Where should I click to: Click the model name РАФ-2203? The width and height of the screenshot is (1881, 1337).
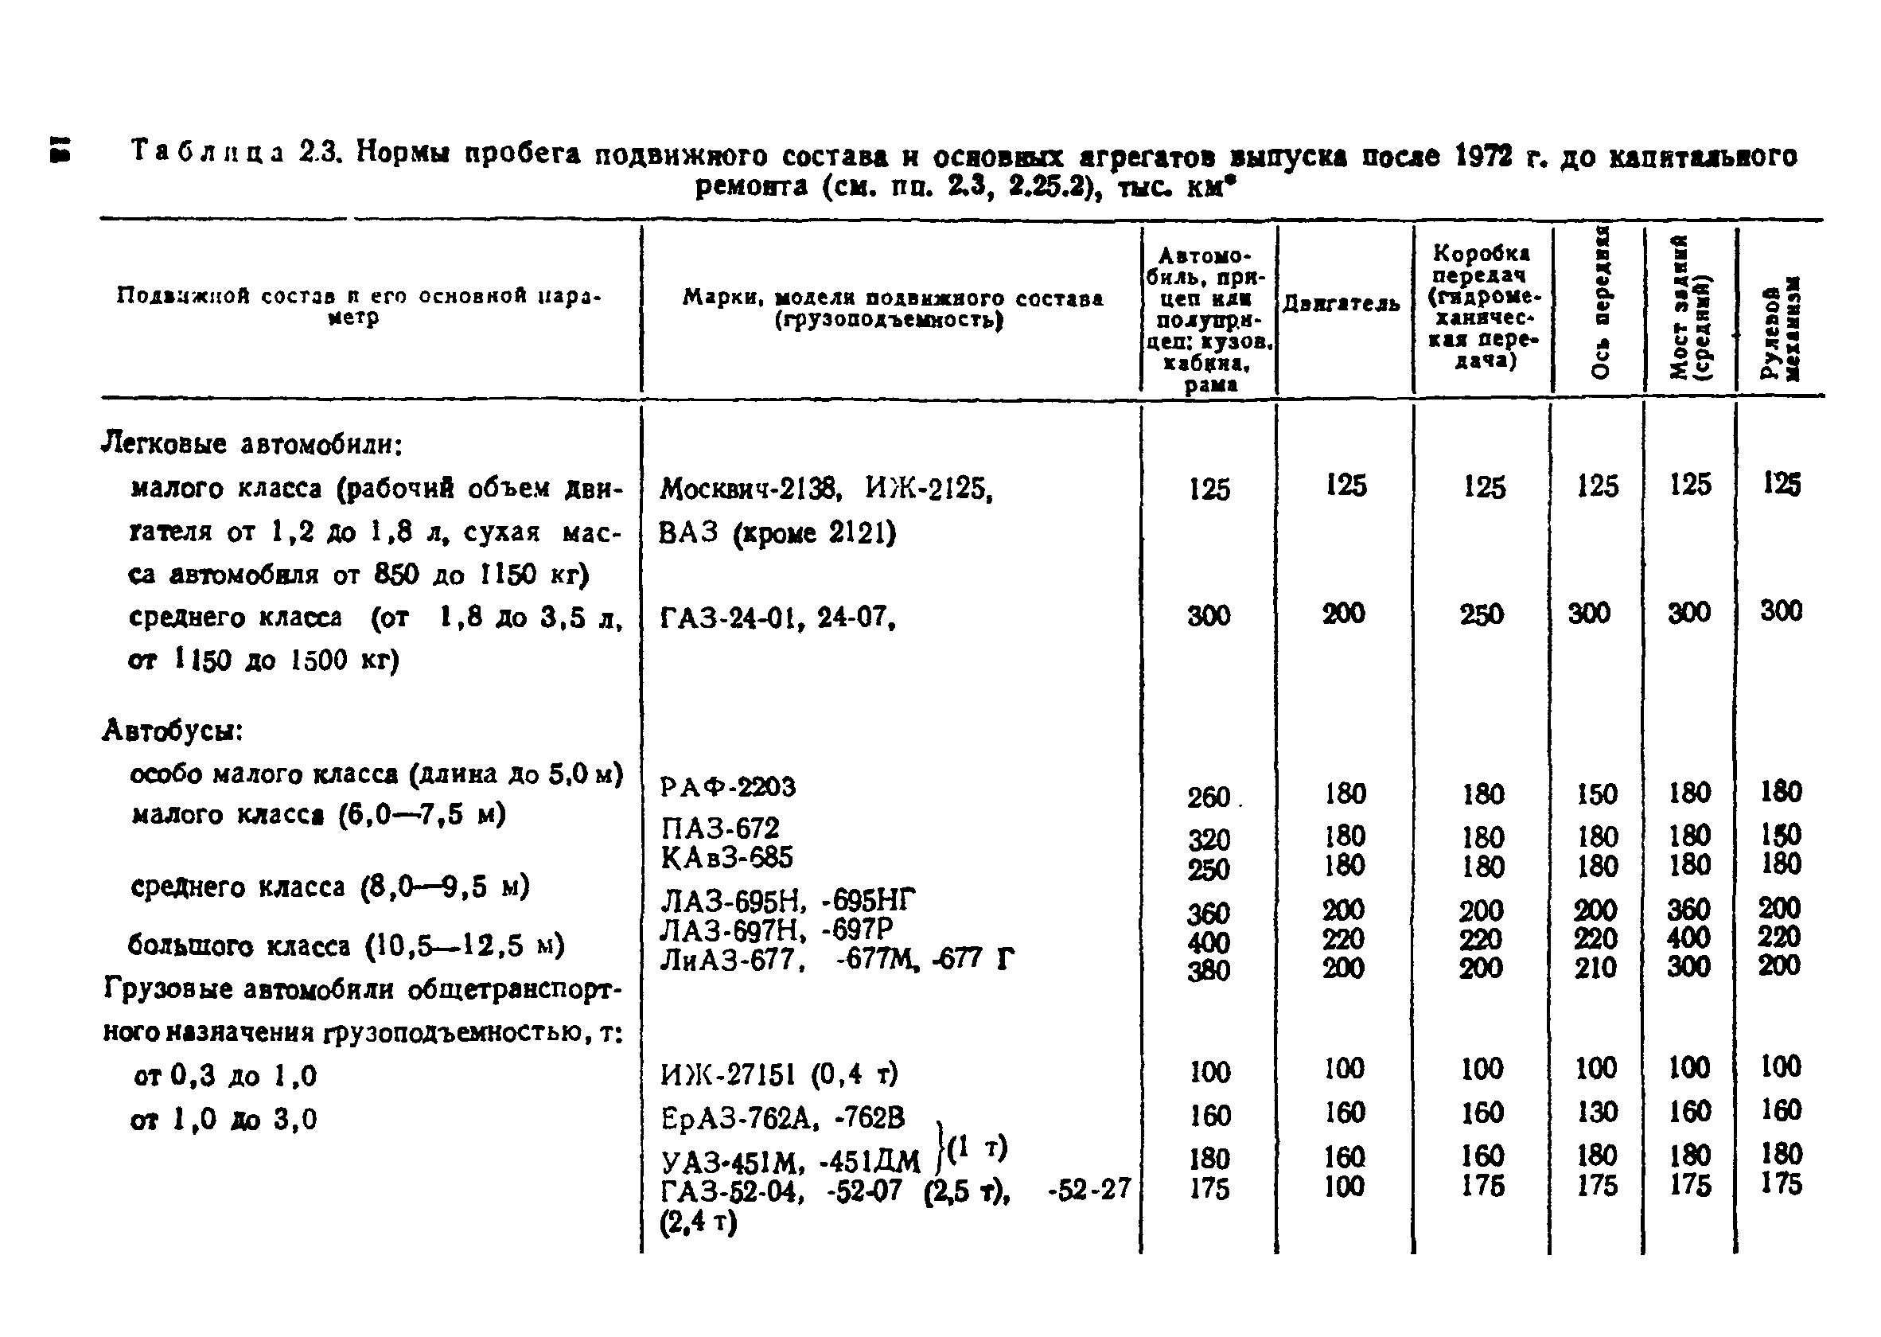pos(728,787)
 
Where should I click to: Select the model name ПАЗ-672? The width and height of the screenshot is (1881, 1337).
pos(719,828)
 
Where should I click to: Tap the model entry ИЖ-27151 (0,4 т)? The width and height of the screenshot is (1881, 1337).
pos(779,1074)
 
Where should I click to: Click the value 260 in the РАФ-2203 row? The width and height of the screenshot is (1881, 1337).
pos(1208,797)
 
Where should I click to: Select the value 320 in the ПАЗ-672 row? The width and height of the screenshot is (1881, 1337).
pos(1208,840)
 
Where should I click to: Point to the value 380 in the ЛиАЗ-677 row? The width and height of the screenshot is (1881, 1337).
pos(1208,972)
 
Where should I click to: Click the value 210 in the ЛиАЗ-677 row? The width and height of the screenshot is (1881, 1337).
pos(1595,968)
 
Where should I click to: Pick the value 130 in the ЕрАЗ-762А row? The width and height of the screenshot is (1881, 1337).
pos(1596,1113)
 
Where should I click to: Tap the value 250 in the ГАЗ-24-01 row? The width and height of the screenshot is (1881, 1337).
pos(1481,614)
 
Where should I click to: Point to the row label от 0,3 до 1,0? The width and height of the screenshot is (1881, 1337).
pos(224,1075)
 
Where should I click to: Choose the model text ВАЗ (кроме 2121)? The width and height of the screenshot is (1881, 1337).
pos(777,533)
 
